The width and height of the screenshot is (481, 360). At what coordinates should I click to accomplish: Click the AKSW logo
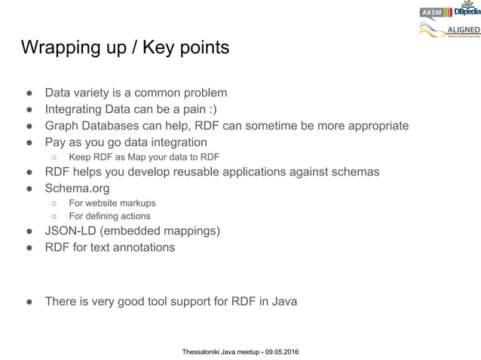(432, 12)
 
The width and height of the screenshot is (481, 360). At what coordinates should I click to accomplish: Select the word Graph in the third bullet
(62, 125)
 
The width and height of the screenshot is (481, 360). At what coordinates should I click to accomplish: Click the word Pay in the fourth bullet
(56, 142)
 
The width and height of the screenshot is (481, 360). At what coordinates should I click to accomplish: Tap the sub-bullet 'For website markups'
(112, 203)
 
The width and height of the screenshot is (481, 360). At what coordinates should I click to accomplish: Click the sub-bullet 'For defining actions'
(109, 216)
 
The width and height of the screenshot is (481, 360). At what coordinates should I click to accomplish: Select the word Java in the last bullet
(283, 301)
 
